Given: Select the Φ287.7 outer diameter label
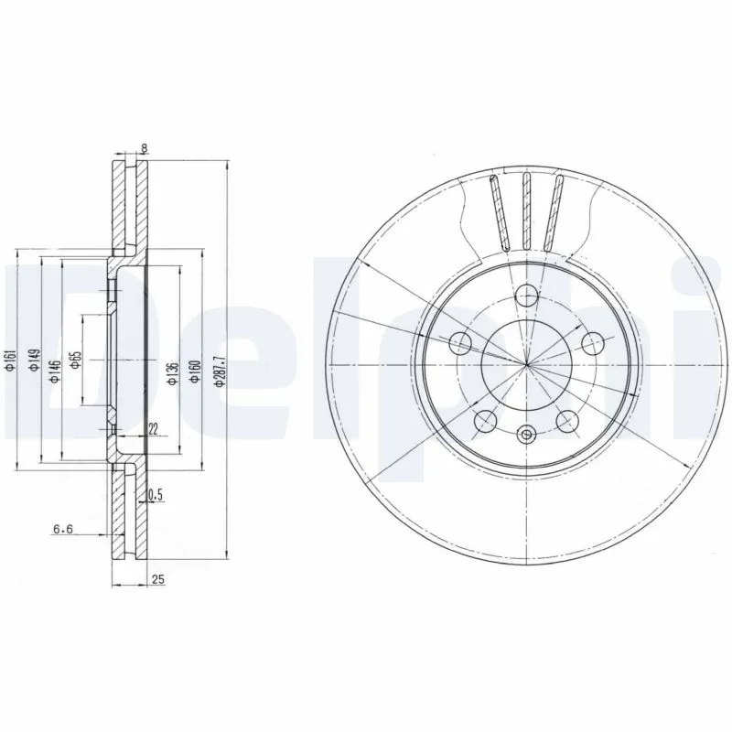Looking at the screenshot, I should pyautogui.click(x=217, y=371).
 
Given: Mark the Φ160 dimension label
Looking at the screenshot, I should pyautogui.click(x=193, y=371).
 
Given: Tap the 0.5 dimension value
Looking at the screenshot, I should pyautogui.click(x=155, y=495).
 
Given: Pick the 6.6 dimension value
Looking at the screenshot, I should pyautogui.click(x=63, y=528).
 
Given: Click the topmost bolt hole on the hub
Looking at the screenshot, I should pyautogui.click(x=526, y=295).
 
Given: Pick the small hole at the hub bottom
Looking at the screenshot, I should pyautogui.click(x=526, y=436).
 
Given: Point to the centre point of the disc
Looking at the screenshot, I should pyautogui.click(x=527, y=365).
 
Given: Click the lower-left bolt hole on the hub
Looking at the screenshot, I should pyautogui.click(x=486, y=420).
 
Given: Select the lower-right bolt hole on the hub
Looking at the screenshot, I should pyautogui.click(x=567, y=420).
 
